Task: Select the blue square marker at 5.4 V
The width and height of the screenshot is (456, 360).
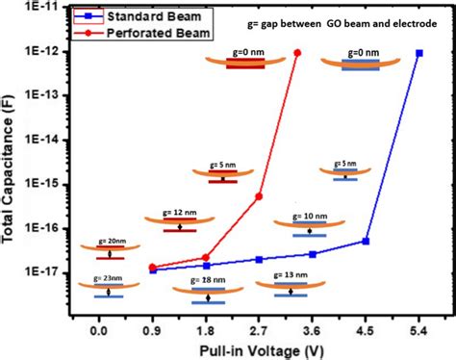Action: [418, 53]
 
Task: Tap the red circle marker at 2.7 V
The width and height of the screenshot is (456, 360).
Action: [259, 196]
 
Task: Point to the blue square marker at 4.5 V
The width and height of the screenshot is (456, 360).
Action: [366, 242]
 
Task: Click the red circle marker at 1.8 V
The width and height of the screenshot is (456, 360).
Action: [206, 257]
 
